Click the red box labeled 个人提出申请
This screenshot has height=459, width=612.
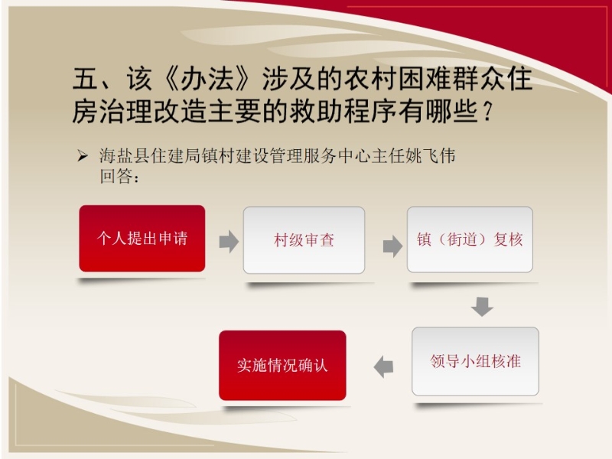(142, 239)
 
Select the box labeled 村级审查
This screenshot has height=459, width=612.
(304, 240)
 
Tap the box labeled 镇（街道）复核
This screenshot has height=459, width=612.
(470, 239)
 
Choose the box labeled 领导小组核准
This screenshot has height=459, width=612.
(475, 361)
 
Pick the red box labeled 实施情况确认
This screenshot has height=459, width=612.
(282, 366)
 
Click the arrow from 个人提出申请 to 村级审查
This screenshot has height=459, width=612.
(229, 241)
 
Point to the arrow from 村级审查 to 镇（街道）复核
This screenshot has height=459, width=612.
(392, 246)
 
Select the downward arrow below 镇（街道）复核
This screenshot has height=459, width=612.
(482, 307)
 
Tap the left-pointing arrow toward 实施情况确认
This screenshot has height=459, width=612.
(383, 366)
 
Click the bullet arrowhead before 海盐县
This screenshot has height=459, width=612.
(83, 157)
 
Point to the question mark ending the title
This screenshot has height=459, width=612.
(487, 112)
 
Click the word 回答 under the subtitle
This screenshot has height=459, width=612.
(116, 176)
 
